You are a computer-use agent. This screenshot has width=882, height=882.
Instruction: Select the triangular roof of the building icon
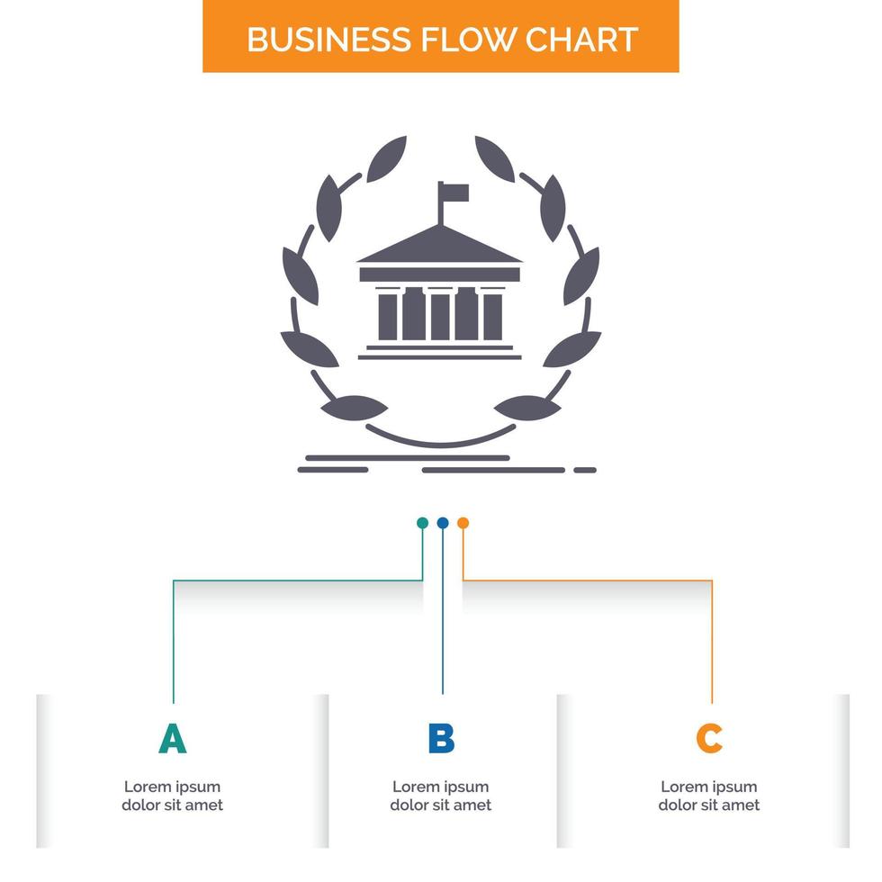pyautogui.click(x=440, y=247)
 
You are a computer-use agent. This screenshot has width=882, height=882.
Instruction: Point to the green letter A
pyautogui.click(x=172, y=738)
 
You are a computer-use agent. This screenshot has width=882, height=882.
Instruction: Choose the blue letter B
pyautogui.click(x=441, y=738)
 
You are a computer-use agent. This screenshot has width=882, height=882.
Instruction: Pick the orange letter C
pyautogui.click(x=709, y=738)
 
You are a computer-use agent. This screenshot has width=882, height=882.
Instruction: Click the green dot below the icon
pyautogui.click(x=422, y=523)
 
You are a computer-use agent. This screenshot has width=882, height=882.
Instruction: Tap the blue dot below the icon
pyautogui.click(x=443, y=523)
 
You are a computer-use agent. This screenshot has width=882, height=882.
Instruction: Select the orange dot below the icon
pyautogui.click(x=463, y=523)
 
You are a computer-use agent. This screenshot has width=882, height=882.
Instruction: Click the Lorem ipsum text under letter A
pyautogui.click(x=172, y=796)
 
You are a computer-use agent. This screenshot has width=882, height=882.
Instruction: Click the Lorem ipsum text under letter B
pyautogui.click(x=441, y=796)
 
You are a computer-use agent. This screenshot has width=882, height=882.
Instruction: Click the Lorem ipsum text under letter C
pyautogui.click(x=709, y=796)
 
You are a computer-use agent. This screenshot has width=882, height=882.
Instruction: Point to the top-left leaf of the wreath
pyautogui.click(x=387, y=158)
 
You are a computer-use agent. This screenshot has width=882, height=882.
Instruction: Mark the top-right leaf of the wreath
pyautogui.click(x=494, y=158)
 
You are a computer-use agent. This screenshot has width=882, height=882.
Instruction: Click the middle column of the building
pyautogui.click(x=440, y=315)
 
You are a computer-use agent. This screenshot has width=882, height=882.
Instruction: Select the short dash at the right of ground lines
pyautogui.click(x=585, y=469)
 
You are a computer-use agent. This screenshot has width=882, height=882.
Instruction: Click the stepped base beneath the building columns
pyautogui.click(x=440, y=351)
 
